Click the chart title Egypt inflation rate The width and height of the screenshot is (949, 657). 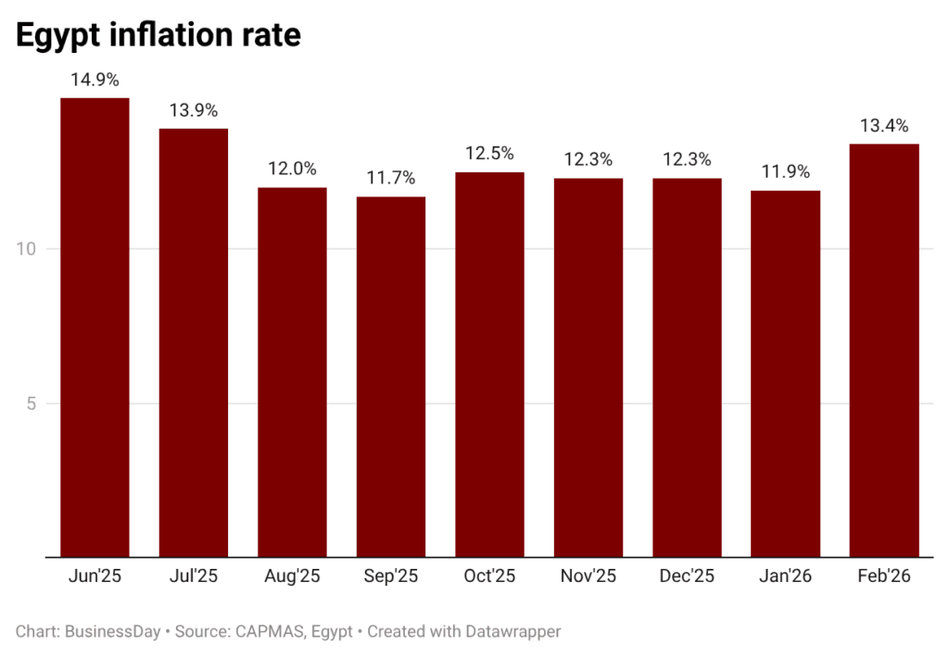pos(158,34)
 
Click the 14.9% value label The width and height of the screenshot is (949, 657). pos(95,80)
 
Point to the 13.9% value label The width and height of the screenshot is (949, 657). pos(193,110)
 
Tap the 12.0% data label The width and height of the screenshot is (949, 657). pos(292,169)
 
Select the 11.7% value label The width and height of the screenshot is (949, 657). pos(391,178)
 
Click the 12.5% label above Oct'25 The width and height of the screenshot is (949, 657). pos(489,154)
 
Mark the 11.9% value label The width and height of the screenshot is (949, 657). pos(786,171)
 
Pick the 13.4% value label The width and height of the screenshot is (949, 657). pos(884,126)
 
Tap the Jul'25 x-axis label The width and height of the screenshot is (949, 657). pos(193,576)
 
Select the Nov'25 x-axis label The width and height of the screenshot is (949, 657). pos(588,576)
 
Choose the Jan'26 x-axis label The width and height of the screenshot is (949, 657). pos(786,576)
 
